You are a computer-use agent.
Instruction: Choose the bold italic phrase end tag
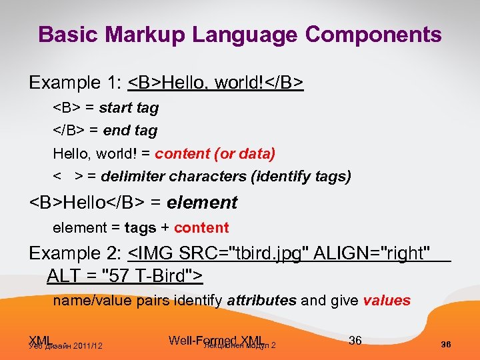coord(130,131)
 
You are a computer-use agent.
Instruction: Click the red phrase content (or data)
coord(215,154)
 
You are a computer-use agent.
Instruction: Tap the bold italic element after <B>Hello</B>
coord(202,202)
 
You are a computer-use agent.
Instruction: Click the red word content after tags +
coord(201,228)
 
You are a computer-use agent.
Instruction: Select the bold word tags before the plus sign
coord(140,228)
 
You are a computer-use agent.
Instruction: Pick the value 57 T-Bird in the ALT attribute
coord(149,275)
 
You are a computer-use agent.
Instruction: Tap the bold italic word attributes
coord(261,301)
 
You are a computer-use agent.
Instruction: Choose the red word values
coord(387,301)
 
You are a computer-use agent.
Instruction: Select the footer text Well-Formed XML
coord(217,341)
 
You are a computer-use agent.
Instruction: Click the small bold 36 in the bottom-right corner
coord(446,345)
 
